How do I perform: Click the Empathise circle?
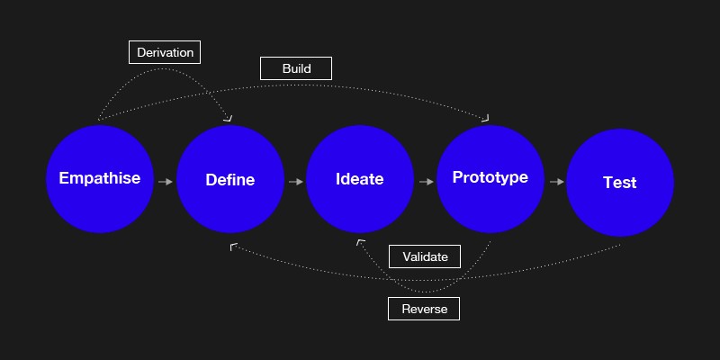[100, 179]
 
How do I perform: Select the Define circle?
[230, 179]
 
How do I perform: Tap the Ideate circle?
[360, 179]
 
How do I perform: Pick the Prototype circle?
[490, 179]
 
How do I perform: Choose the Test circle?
[620, 183]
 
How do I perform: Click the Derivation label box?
[165, 52]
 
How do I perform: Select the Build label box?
[296, 68]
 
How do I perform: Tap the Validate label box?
[425, 256]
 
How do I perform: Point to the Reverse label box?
[424, 309]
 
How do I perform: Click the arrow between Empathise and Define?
[166, 182]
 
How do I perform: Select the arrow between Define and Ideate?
[296, 182]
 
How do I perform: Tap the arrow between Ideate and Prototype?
[426, 182]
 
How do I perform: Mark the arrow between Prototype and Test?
[556, 182]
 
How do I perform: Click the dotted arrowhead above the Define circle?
[229, 119]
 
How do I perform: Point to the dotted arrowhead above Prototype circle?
[486, 119]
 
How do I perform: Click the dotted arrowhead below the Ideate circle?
[360, 242]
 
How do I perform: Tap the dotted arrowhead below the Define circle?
[233, 247]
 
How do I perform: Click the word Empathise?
[100, 178]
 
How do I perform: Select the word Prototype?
[490, 177]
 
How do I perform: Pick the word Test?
[620, 183]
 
